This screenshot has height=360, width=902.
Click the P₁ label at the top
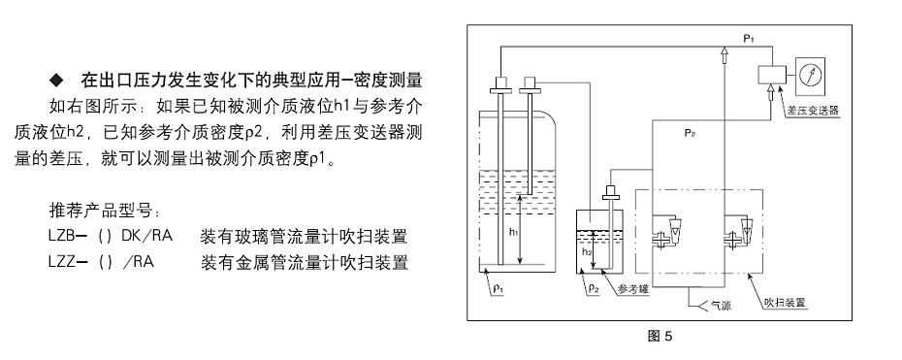[749, 36]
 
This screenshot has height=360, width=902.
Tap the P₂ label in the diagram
[690, 131]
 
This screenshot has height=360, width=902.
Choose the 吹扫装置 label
[787, 303]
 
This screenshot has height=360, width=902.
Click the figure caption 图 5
[660, 337]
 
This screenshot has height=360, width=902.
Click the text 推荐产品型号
[108, 211]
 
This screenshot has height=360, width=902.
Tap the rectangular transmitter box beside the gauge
[773, 75]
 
